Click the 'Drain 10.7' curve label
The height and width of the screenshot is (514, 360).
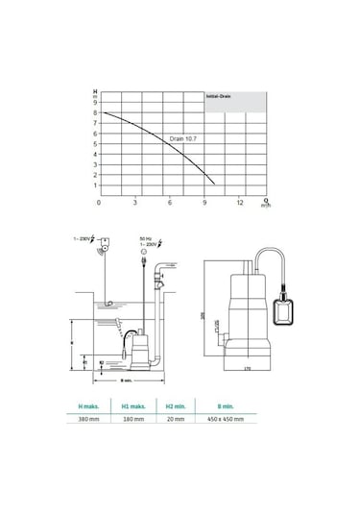click(x=184, y=138)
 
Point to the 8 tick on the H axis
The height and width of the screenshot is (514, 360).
click(x=95, y=112)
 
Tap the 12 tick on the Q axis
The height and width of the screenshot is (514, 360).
click(x=240, y=204)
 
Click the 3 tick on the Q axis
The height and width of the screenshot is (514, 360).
click(x=135, y=204)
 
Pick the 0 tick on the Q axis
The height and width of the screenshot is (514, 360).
click(x=101, y=204)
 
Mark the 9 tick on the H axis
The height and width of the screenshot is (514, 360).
click(x=95, y=102)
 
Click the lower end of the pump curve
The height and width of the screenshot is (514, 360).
click(x=213, y=184)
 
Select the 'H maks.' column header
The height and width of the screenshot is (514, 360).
click(x=91, y=406)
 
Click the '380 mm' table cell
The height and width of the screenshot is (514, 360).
click(x=91, y=420)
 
